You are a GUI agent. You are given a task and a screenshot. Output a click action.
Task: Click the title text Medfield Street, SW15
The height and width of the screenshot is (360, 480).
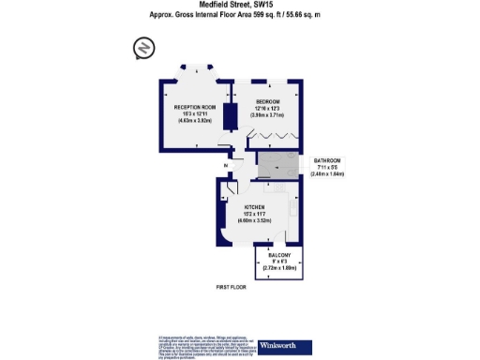click(239, 5)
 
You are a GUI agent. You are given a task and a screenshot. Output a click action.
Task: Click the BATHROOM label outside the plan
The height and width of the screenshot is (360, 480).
click(327, 160)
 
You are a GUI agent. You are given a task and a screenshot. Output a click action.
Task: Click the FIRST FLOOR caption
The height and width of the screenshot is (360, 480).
click(230, 287)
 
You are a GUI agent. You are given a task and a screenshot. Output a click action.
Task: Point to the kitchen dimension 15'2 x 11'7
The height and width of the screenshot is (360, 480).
click(256, 215)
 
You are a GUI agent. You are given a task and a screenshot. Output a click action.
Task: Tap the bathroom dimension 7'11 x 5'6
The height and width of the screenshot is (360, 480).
click(327, 168)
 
